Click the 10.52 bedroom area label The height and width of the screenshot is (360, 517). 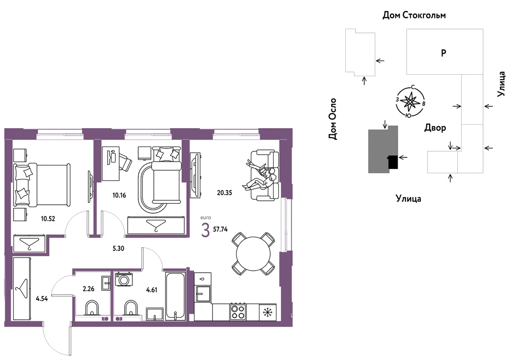(x=48, y=218)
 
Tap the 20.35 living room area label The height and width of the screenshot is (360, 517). (x=224, y=193)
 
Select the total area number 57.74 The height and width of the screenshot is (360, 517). (x=220, y=229)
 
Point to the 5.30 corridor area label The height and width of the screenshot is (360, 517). (x=118, y=248)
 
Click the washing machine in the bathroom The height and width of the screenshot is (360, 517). (x=124, y=279)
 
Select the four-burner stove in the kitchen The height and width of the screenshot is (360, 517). (x=237, y=311)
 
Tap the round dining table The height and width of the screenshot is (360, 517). (x=253, y=254)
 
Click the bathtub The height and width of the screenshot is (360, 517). (x=175, y=295)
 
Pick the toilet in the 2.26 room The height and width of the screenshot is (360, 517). (x=92, y=309)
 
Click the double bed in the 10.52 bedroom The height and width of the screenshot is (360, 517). (x=42, y=184)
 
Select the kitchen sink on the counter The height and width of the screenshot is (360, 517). (x=203, y=294)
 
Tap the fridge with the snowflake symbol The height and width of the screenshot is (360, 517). (x=267, y=312)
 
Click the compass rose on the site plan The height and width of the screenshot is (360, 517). (x=410, y=102)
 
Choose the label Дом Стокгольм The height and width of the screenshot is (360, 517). (x=414, y=15)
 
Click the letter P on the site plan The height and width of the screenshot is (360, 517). (x=444, y=52)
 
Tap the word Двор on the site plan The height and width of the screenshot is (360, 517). (x=435, y=128)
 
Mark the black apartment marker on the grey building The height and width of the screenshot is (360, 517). (x=393, y=163)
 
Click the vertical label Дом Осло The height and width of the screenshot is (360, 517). (x=333, y=119)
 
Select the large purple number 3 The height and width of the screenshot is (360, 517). (x=206, y=230)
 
